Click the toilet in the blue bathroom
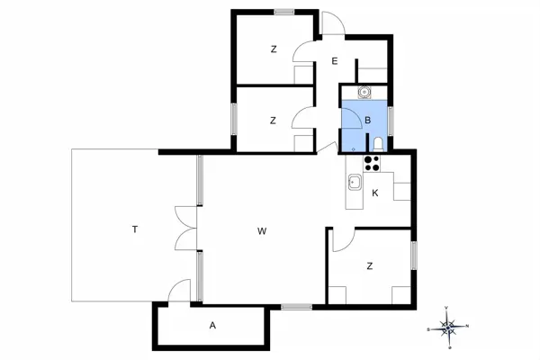tap(378, 144)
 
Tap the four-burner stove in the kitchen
tap(372, 164)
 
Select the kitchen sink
tap(355, 182)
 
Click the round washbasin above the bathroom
tap(364, 92)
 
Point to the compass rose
tap(447, 328)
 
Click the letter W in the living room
tap(262, 231)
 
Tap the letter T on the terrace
tap(135, 229)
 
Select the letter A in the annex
tap(212, 325)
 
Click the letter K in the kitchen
tap(375, 193)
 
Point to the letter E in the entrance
tap(335, 61)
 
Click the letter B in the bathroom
tap(368, 121)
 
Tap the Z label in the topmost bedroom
tap(274, 49)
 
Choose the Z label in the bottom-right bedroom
tap(370, 266)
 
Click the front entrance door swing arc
tap(333, 22)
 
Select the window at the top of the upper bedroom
tap(284, 12)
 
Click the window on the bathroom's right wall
tap(391, 121)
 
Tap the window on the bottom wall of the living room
tap(296, 307)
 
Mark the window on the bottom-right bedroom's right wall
tap(414, 256)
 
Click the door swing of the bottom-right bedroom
tap(344, 239)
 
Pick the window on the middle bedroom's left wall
tap(234, 119)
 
